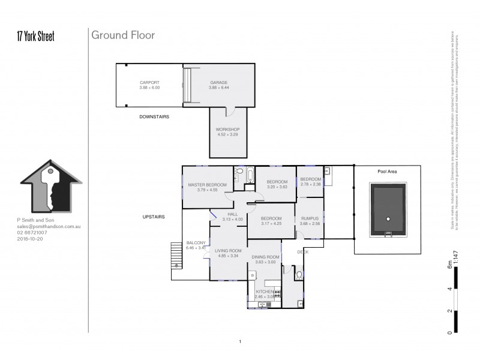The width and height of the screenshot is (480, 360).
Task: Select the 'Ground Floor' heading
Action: (x=122, y=35)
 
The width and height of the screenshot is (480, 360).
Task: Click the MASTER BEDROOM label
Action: (x=207, y=184)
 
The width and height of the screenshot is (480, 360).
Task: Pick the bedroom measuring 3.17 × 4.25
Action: (x=271, y=218)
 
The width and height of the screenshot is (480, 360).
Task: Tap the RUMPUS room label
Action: (x=310, y=218)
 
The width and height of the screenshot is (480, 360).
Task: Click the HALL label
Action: (x=232, y=214)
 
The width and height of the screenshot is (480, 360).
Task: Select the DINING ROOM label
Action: (x=265, y=258)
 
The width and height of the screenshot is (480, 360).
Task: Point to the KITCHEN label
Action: (x=265, y=291)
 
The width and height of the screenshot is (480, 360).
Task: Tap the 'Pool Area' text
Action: (x=388, y=172)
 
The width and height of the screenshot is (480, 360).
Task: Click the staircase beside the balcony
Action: (x=176, y=254)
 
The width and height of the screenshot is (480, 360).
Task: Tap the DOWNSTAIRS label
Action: (x=154, y=117)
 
